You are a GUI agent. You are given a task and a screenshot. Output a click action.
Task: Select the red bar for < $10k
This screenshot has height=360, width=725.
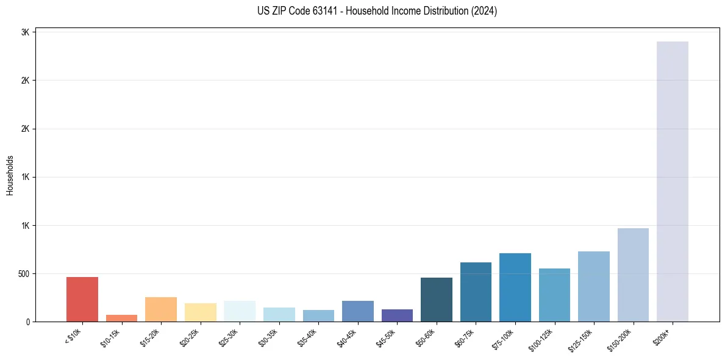pos(82,299)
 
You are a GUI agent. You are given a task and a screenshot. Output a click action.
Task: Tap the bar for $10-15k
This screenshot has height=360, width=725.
pos(121,318)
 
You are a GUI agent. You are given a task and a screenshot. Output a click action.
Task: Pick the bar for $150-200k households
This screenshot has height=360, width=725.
pos(633,275)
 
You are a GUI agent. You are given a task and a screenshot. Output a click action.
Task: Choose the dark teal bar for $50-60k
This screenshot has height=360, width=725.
pos(437,300)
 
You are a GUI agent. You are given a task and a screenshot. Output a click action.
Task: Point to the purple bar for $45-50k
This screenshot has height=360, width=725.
pos(397,315)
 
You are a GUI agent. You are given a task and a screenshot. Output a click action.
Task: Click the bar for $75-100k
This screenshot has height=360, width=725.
pos(515,287)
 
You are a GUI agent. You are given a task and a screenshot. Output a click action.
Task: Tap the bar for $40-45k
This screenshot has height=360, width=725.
pos(358,311)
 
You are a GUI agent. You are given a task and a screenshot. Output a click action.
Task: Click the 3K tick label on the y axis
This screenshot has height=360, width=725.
pos(26,32)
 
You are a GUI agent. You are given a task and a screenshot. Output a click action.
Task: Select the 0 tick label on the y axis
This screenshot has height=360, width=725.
pos(28,322)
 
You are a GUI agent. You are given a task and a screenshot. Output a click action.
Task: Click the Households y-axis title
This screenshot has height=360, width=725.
pos(10,175)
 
